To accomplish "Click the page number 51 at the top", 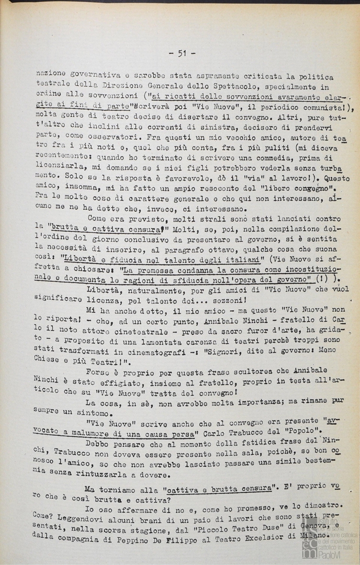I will pos(182,53).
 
